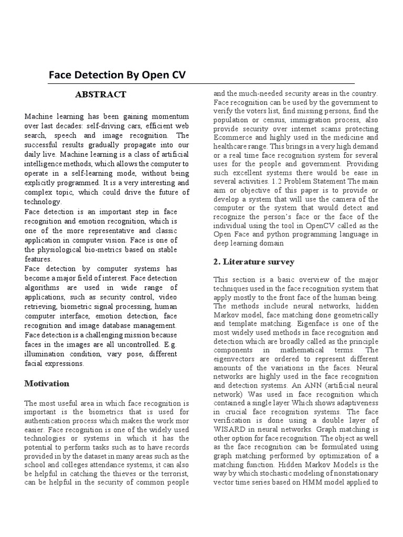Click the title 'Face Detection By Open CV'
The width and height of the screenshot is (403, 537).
(117, 76)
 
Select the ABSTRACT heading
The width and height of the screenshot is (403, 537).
(100, 94)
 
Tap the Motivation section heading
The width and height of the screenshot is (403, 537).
(47, 383)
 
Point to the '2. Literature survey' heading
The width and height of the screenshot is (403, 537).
(254, 262)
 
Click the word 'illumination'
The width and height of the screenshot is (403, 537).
(44, 354)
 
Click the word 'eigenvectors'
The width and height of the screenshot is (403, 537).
(236, 359)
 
